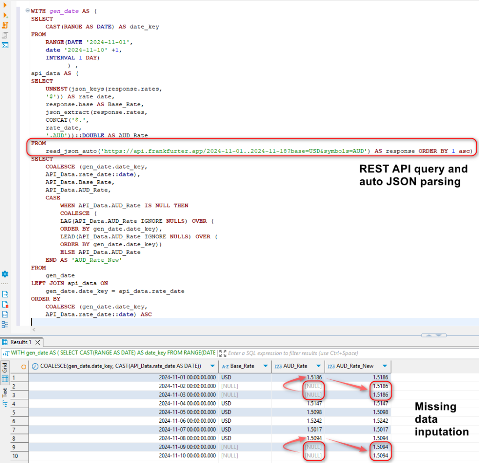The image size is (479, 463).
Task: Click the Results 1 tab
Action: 21,342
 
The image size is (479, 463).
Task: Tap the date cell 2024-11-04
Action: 187,403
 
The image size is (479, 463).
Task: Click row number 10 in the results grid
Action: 15,456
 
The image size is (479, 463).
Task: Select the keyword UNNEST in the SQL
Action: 57,88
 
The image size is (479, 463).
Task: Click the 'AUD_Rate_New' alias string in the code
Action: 98,260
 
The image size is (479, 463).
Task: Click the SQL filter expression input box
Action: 299,353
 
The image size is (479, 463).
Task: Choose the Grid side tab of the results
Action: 5,367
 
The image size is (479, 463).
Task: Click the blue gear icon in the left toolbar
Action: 5,274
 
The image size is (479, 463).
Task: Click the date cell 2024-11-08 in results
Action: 187,438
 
